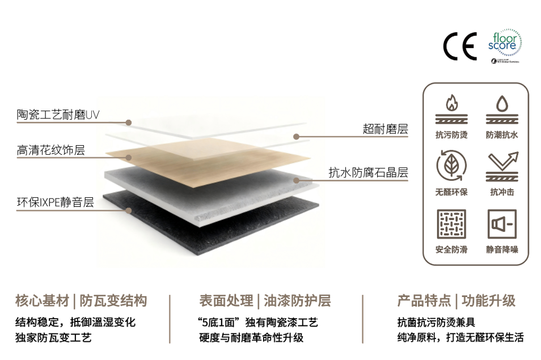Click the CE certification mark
pyautogui.click(x=460, y=48)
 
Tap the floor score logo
pyautogui.click(x=504, y=45)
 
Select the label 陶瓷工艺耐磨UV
pyautogui.click(x=58, y=115)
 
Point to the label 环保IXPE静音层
pyautogui.click(x=55, y=202)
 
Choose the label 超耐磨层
pyautogui.click(x=385, y=129)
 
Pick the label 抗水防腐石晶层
pyautogui.click(x=368, y=172)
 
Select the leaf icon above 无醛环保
pyautogui.click(x=451, y=166)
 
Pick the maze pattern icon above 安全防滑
pyautogui.click(x=451, y=224)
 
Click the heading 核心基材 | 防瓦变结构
pyautogui.click(x=81, y=300)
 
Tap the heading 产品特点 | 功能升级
pyautogui.click(x=457, y=300)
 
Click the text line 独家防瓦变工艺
pyautogui.click(x=54, y=338)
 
